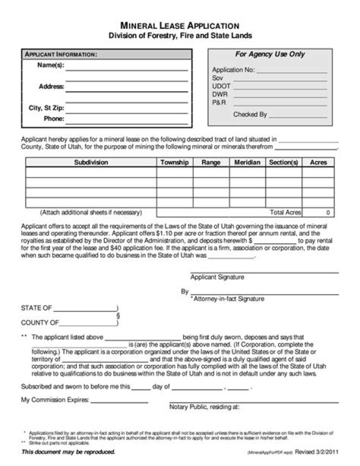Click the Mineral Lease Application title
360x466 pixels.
click(180, 26)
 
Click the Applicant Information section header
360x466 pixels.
click(61, 54)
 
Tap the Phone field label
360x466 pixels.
click(54, 119)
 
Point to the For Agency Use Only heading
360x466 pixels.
click(270, 54)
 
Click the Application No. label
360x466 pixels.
click(233, 71)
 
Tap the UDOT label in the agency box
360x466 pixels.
click(221, 87)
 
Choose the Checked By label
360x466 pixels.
click(250, 115)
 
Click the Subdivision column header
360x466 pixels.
click(91, 163)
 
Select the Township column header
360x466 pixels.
click(174, 163)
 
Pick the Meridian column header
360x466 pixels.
click(247, 163)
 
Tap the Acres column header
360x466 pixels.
click(318, 163)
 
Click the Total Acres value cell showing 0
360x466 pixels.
click(318, 213)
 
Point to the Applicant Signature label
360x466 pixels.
click(217, 277)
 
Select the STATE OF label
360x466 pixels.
click(36, 308)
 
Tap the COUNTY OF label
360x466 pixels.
click(40, 323)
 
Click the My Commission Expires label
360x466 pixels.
click(55, 400)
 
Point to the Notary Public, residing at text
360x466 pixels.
click(204, 407)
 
